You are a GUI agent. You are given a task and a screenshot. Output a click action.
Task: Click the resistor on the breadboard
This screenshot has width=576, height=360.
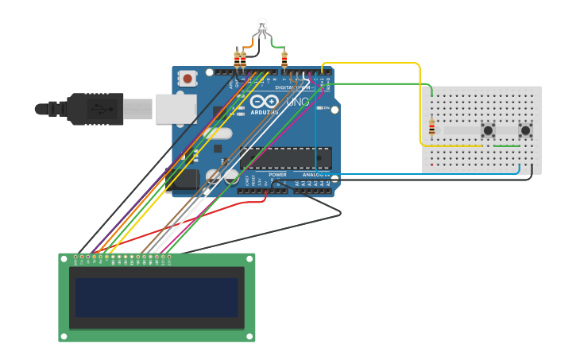click(x=431, y=128)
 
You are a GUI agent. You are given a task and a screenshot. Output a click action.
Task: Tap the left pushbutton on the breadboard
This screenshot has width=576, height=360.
click(x=488, y=130)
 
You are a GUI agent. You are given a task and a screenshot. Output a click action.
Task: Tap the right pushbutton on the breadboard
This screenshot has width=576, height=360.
click(x=525, y=130)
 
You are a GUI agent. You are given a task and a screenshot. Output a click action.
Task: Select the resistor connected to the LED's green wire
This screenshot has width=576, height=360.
click(x=284, y=60)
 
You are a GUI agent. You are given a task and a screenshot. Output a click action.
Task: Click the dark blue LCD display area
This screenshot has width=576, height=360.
click(x=157, y=296)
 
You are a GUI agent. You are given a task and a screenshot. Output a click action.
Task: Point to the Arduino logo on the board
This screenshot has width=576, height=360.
click(x=265, y=103)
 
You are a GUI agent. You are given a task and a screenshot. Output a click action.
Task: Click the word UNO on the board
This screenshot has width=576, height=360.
click(x=296, y=103)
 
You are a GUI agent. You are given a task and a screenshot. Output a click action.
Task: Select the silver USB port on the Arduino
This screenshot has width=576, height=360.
click(x=176, y=109)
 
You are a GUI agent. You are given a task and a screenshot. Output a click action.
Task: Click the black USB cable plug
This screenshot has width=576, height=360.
click(x=95, y=109)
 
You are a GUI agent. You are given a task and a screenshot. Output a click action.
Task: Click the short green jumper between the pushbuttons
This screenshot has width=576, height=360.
click(x=507, y=146)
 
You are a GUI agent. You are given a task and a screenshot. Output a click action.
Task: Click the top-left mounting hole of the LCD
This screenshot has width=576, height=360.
click(x=63, y=257)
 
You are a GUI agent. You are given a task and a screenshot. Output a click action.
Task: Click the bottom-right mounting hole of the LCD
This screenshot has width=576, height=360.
click(x=251, y=338)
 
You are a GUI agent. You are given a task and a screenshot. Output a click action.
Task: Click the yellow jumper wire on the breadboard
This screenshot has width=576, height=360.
click(x=453, y=146)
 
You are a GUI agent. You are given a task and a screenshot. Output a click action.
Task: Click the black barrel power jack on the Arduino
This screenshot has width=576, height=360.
click(x=184, y=178)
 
